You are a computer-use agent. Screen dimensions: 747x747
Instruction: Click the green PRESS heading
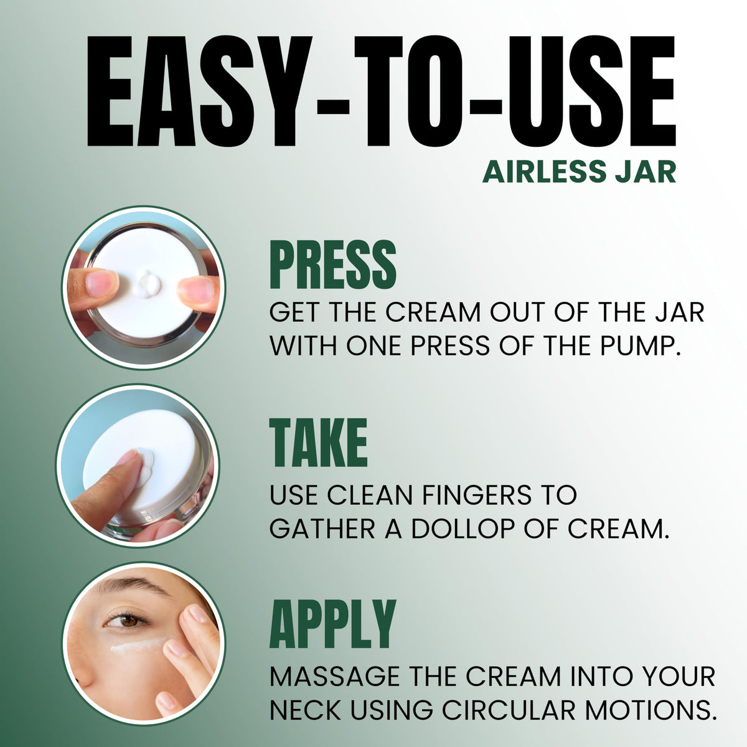[332, 265]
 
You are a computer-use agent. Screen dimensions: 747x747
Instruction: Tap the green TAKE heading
[318, 443]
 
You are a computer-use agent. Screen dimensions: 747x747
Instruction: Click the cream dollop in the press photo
[146, 284]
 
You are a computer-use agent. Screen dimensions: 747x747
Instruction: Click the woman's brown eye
[126, 621]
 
